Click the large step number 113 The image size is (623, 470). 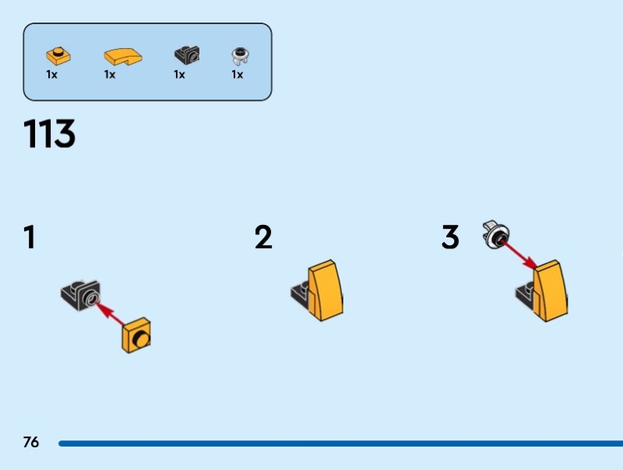coord(50,135)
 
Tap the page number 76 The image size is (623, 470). coord(31,443)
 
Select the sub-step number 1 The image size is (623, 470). coord(30,237)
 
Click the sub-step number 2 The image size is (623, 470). coord(264,237)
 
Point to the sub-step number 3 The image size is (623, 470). coord(450,237)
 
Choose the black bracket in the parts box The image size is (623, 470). coord(186,55)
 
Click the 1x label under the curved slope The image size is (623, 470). coord(110,75)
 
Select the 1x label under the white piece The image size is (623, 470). coord(237,75)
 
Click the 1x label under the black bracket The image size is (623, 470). coord(179,75)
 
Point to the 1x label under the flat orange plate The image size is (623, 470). coord(51,75)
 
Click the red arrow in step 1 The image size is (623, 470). coord(111,314)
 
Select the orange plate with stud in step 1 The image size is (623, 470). coord(137,335)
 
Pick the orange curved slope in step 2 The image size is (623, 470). coord(326,291)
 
